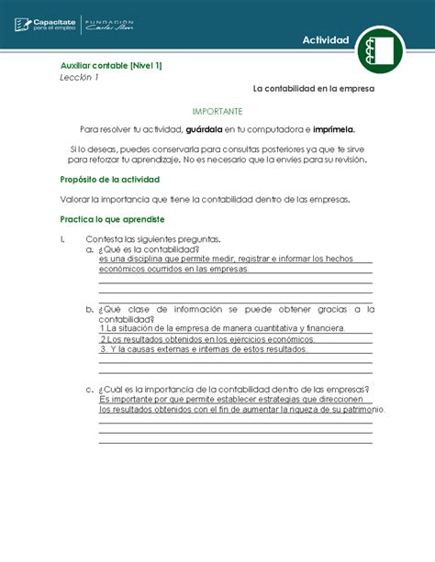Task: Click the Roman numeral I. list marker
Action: [x=62, y=239]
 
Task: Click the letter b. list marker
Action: [x=88, y=310]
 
